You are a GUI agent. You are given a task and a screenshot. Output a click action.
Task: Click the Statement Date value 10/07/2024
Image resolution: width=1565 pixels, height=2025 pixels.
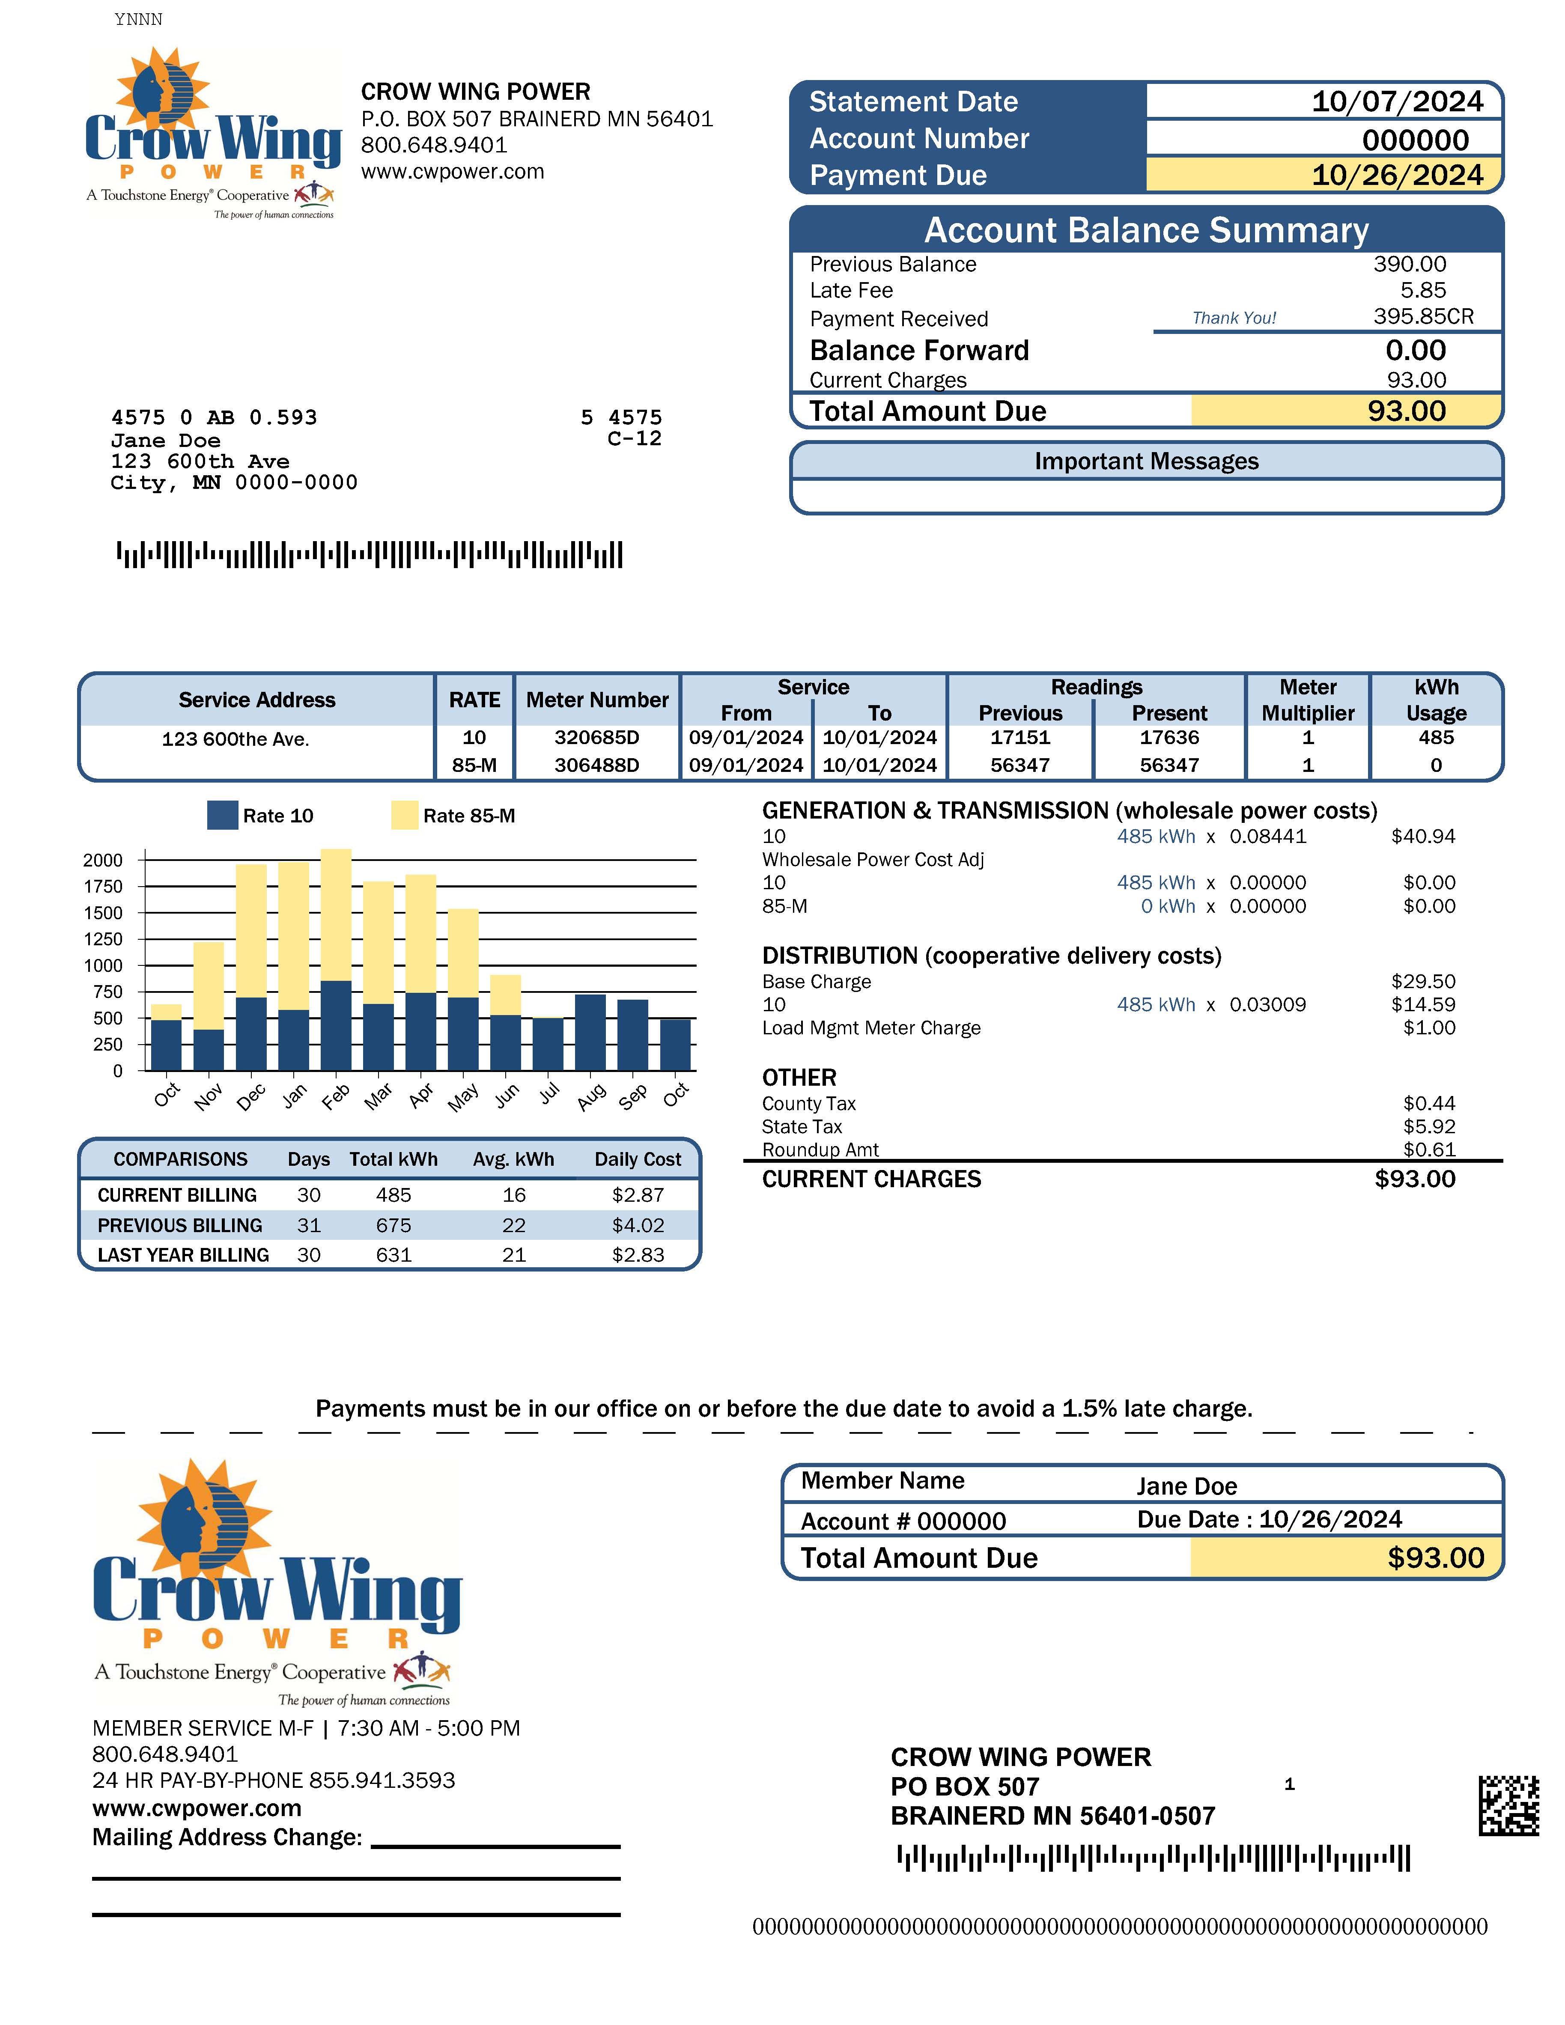(x=1396, y=102)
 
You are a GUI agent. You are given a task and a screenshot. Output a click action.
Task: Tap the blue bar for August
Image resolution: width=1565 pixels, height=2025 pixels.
(x=590, y=1032)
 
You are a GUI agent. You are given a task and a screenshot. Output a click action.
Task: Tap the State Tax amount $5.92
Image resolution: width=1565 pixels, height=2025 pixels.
(x=1429, y=1126)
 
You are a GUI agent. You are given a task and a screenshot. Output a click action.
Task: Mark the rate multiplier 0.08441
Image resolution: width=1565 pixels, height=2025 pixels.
(x=1267, y=837)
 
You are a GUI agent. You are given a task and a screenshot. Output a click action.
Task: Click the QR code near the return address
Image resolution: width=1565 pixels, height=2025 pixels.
(x=1508, y=1805)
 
